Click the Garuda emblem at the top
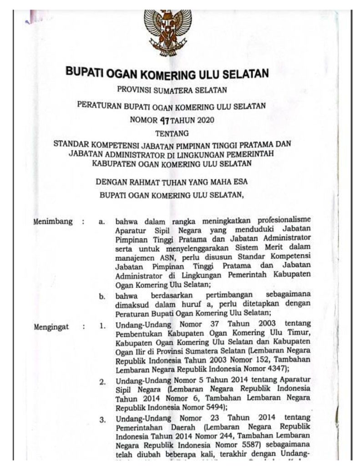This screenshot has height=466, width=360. pos(168,30)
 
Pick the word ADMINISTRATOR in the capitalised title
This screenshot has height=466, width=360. pos(151,153)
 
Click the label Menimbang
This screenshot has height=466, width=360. pos(53,222)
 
